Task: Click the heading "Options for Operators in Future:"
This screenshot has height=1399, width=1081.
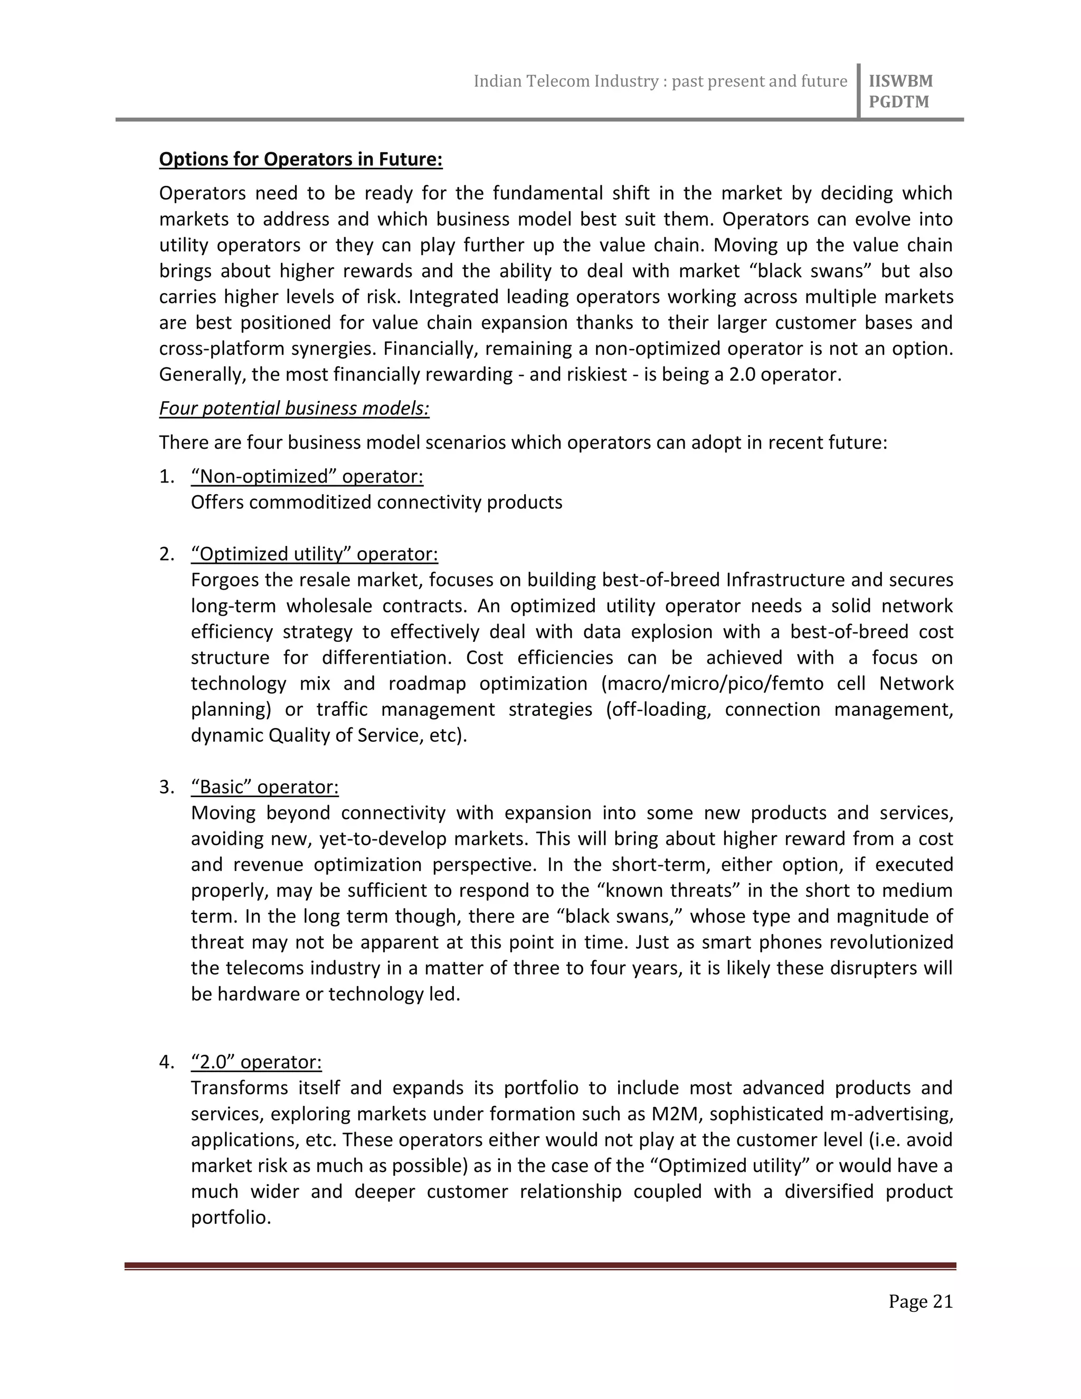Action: [x=300, y=159]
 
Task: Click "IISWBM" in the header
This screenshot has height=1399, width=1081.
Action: [x=900, y=81]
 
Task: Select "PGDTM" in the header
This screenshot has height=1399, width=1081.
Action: [x=898, y=102]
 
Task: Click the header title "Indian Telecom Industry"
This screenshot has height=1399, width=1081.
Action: [x=565, y=81]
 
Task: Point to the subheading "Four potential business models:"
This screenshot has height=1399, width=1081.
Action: [x=294, y=408]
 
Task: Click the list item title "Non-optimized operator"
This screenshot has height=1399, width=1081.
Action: [x=307, y=477]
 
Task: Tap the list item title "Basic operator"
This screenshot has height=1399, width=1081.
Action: [x=264, y=787]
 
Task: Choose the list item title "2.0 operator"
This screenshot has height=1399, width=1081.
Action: [x=256, y=1062]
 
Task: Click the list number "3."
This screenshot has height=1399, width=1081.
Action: [x=166, y=787]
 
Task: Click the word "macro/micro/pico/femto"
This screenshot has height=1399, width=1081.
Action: [x=712, y=684]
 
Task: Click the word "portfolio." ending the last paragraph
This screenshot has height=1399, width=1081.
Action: [x=231, y=1217]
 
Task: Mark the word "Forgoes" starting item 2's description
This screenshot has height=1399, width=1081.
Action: [x=225, y=580]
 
